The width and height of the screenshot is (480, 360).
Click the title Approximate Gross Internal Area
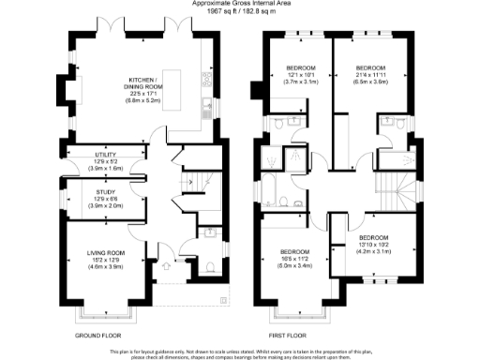(x=240, y=4)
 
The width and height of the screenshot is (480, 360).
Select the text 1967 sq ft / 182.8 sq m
(x=240, y=11)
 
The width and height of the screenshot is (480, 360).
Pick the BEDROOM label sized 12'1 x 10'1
(x=301, y=68)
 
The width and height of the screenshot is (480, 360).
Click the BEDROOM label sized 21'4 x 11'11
(x=369, y=68)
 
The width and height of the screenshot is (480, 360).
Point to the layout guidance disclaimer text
(x=240, y=352)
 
